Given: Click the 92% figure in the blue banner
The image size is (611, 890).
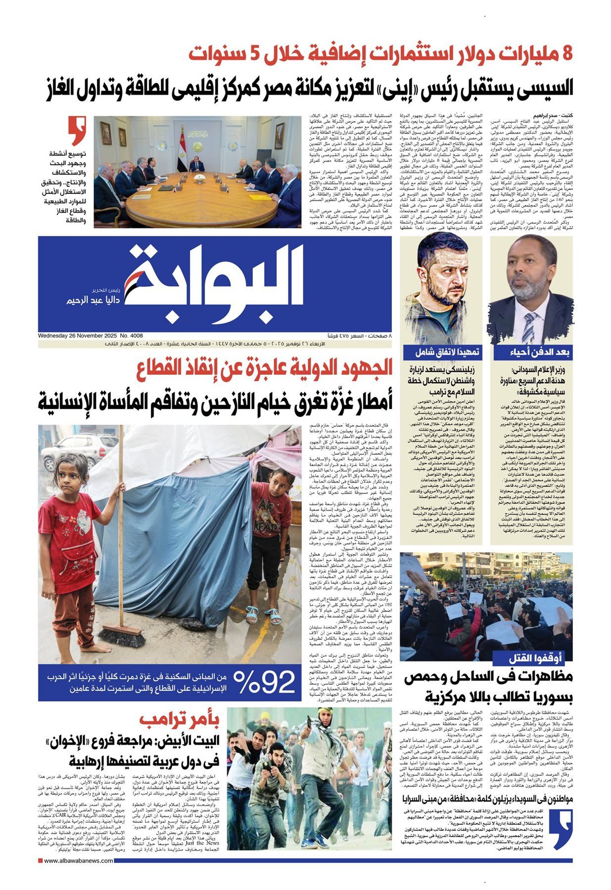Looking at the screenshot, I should (264, 682).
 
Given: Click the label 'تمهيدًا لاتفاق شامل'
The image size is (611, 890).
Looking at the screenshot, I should (441, 352).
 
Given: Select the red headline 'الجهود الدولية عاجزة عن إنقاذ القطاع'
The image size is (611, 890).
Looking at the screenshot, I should (265, 368).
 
